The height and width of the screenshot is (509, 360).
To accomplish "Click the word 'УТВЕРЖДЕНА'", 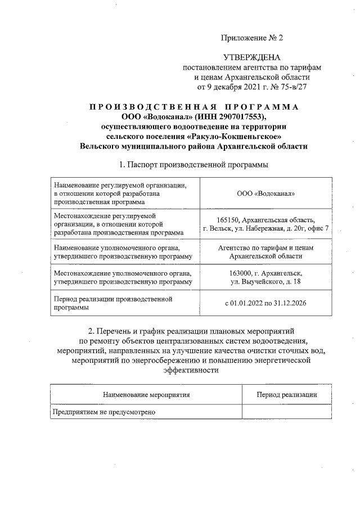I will click(x=251, y=57).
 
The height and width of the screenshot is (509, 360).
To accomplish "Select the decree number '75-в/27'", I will click(x=290, y=87).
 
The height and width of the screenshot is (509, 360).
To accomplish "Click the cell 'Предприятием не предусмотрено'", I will click(x=104, y=412).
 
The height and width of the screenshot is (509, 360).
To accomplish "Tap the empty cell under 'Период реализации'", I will click(x=286, y=412).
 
